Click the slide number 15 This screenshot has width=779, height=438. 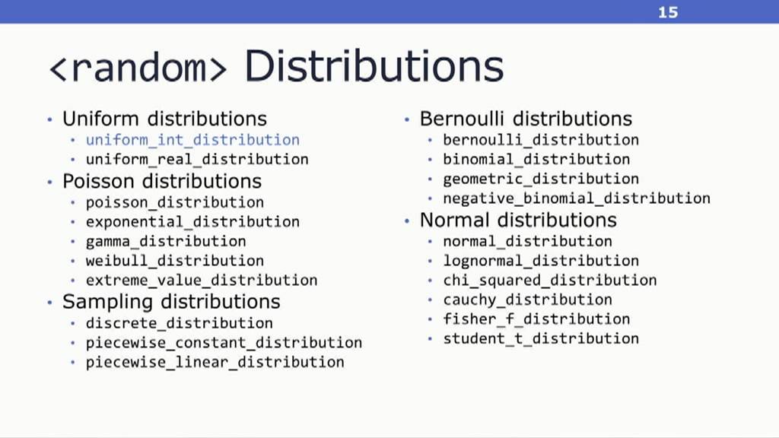(668, 12)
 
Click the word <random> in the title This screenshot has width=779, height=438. (138, 68)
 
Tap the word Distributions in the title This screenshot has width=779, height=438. (374, 66)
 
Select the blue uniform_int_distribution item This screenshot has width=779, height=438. (192, 140)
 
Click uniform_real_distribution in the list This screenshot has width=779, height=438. (197, 160)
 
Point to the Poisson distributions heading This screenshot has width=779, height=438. (162, 181)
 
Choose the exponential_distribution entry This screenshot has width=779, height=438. (192, 221)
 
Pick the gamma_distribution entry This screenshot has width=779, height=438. (166, 241)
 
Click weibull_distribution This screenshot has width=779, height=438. (175, 261)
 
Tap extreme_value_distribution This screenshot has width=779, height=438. (202, 280)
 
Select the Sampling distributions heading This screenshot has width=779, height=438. (171, 302)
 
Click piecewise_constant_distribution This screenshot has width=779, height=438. (224, 343)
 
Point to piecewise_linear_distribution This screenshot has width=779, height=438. (215, 362)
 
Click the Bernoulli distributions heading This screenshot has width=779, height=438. (526, 119)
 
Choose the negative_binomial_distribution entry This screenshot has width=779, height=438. (577, 198)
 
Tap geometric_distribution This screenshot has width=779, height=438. (541, 179)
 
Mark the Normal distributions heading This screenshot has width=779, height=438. (518, 220)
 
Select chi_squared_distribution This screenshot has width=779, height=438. (550, 280)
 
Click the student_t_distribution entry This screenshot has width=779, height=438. (541, 338)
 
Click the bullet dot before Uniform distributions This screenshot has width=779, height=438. (49, 119)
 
